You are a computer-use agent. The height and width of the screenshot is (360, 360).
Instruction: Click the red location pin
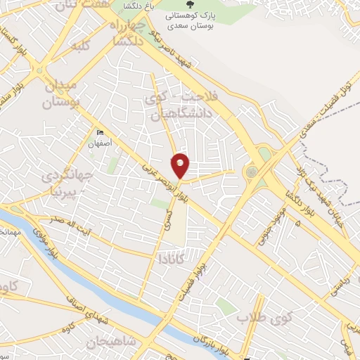coord(181,165)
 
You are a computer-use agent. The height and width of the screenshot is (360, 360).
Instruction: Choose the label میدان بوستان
coord(62,95)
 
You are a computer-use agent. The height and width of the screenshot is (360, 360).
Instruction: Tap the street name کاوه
coord(67,328)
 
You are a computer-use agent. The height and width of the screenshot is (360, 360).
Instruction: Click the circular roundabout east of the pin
coord(252,171)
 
